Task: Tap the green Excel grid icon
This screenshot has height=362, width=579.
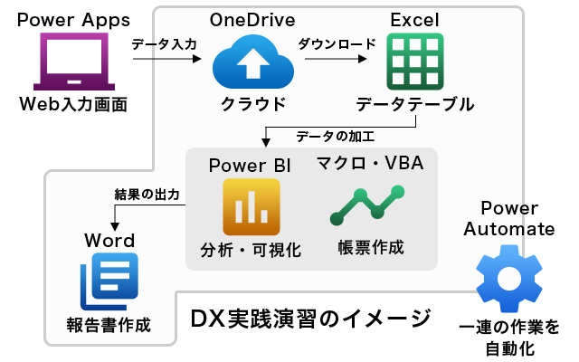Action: [x=414, y=61]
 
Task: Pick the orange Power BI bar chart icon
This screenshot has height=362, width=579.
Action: [x=249, y=207]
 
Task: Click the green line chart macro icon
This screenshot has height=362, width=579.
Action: [x=367, y=207]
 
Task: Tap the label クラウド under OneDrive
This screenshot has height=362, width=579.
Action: [x=253, y=104]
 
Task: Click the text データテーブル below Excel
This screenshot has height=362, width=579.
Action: [x=414, y=104]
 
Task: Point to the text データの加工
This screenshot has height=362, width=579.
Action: [x=335, y=136]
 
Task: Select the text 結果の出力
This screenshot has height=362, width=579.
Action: [x=147, y=195]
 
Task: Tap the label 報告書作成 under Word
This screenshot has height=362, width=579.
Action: [x=108, y=324]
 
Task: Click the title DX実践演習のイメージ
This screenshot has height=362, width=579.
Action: [x=311, y=319]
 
